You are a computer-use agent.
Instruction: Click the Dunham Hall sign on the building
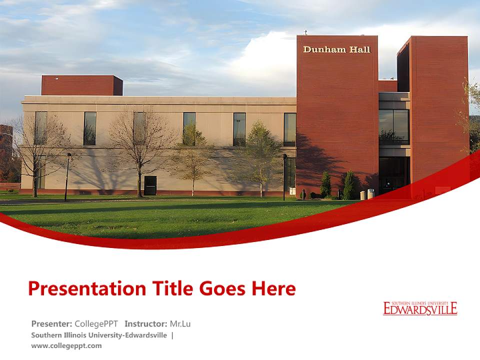pyautogui.click(x=337, y=49)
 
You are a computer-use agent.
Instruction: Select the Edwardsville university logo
pyautogui.click(x=420, y=308)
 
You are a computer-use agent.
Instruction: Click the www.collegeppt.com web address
pyautogui.click(x=66, y=345)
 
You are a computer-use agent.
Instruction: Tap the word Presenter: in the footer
pyautogui.click(x=51, y=323)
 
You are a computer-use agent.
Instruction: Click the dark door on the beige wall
pyautogui.click(x=150, y=185)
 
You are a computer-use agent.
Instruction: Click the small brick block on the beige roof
pyautogui.click(x=82, y=85)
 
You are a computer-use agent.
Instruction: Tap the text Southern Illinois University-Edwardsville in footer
pyautogui.click(x=99, y=335)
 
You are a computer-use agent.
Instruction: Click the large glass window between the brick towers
pyautogui.click(x=393, y=126)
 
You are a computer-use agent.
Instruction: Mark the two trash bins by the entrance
pyautogui.click(x=366, y=194)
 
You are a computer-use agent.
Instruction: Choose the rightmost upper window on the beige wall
pyautogui.click(x=289, y=129)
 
